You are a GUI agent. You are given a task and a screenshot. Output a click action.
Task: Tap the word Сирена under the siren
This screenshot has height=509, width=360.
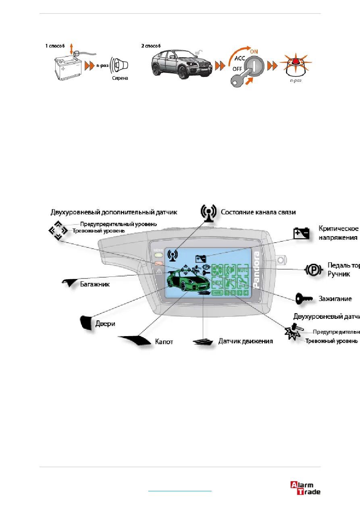120,78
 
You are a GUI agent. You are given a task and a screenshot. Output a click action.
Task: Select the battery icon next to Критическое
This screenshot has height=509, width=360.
302,233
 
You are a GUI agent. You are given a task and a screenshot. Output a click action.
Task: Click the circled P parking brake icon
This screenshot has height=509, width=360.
313,269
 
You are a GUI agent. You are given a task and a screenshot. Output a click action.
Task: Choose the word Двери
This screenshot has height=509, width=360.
106,323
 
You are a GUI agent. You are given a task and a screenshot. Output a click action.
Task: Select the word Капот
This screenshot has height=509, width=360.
164,341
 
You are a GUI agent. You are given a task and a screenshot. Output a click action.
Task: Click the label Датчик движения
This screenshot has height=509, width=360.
246,341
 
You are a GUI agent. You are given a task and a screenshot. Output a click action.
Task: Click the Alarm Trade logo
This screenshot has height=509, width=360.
305,488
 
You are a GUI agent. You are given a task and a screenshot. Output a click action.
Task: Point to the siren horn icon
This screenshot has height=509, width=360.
120,64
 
